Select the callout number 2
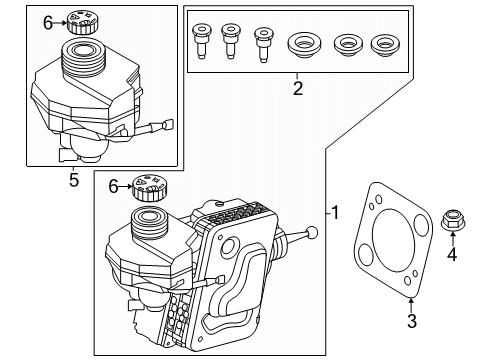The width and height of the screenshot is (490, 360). click(297, 89)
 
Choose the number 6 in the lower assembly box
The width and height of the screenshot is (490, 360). click(113, 186)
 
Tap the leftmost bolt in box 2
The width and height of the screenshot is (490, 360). click(200, 42)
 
